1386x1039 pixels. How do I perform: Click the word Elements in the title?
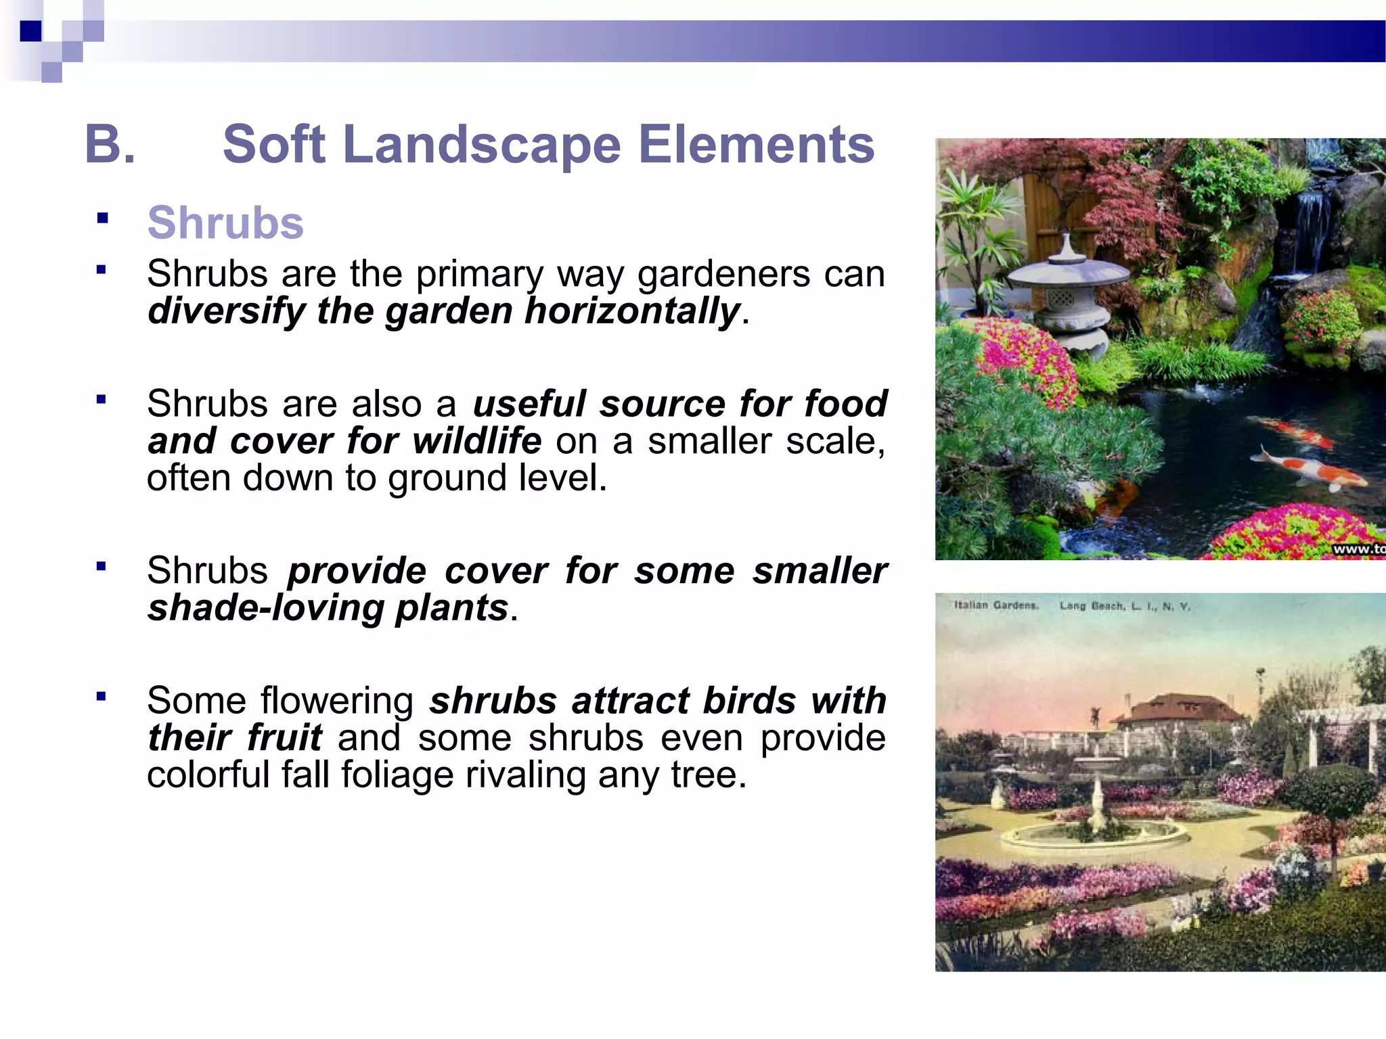tap(756, 145)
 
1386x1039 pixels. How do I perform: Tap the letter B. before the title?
tap(110, 145)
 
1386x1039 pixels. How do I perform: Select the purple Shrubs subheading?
tap(225, 223)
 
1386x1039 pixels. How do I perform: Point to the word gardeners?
tap(723, 274)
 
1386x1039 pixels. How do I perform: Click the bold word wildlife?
tap(477, 441)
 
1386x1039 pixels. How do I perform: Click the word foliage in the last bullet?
tap(397, 775)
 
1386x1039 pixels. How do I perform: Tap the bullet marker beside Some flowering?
tap(102, 696)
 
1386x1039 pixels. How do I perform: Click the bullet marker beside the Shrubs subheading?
tap(102, 218)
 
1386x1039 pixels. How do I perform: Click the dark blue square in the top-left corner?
tap(30, 31)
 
